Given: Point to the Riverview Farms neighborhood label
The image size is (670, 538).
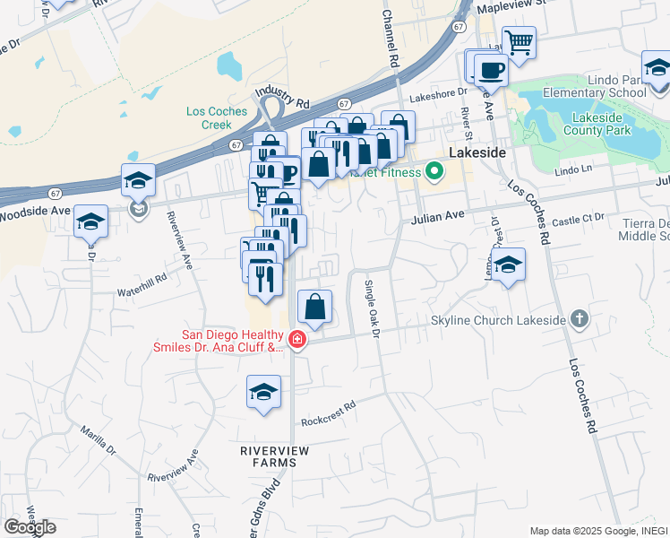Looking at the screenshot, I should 268,455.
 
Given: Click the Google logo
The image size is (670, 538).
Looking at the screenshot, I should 30,527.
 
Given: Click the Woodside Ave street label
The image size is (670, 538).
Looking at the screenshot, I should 35,213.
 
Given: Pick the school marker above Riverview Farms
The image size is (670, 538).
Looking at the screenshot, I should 263,393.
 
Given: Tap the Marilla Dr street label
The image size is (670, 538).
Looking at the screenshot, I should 96,438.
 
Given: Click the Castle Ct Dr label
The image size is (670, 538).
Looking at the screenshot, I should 580,218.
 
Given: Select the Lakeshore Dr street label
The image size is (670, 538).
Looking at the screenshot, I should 439,92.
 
